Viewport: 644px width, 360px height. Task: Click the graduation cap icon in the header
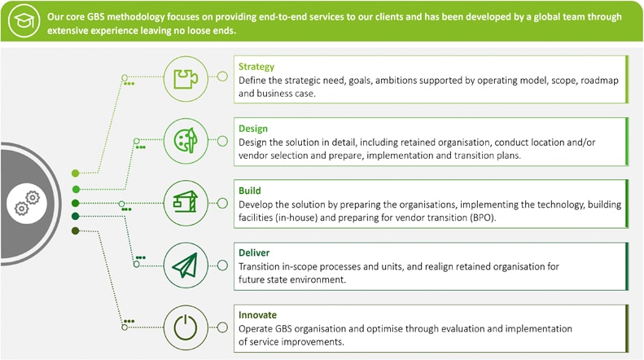[24, 20]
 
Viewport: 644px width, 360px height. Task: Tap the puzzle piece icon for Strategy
[186, 78]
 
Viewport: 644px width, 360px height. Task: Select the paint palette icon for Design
[186, 141]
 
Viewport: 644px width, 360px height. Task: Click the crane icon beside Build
[186, 202]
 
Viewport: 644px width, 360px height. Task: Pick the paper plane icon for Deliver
[186, 265]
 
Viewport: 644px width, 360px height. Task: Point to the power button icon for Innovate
[186, 327]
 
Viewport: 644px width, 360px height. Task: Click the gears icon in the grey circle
[27, 203]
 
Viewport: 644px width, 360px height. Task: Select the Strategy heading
[256, 67]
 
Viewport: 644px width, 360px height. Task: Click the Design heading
[253, 129]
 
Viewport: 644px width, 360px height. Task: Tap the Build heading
[250, 191]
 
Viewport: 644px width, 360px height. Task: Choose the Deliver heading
[254, 252]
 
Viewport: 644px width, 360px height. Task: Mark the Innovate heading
[257, 314]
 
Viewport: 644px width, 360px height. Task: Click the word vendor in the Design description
[252, 156]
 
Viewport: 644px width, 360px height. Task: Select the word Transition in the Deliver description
[258, 266]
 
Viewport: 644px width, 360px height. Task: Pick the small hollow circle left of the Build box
[222, 203]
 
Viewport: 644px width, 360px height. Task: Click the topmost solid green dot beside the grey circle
[75, 173]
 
